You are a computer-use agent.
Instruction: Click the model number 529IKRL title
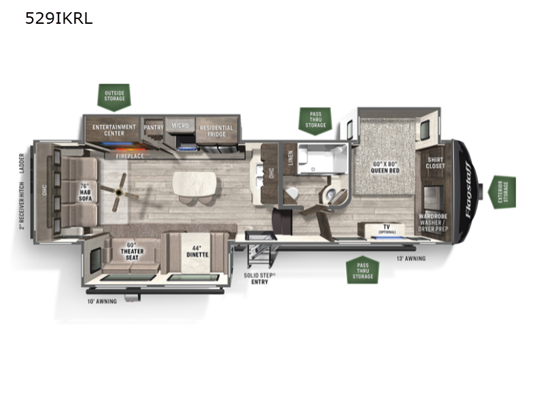coord(58,19)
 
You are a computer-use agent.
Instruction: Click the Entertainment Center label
coord(114,130)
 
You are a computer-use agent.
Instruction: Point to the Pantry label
coord(154,127)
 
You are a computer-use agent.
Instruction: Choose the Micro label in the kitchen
coord(180,126)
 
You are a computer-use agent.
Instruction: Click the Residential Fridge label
coord(216,131)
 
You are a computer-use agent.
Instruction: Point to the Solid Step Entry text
coord(260,279)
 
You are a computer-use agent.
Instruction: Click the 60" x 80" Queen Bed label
coord(386,167)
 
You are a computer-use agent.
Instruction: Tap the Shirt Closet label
coord(435,163)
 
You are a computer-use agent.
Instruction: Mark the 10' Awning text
coord(102,301)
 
